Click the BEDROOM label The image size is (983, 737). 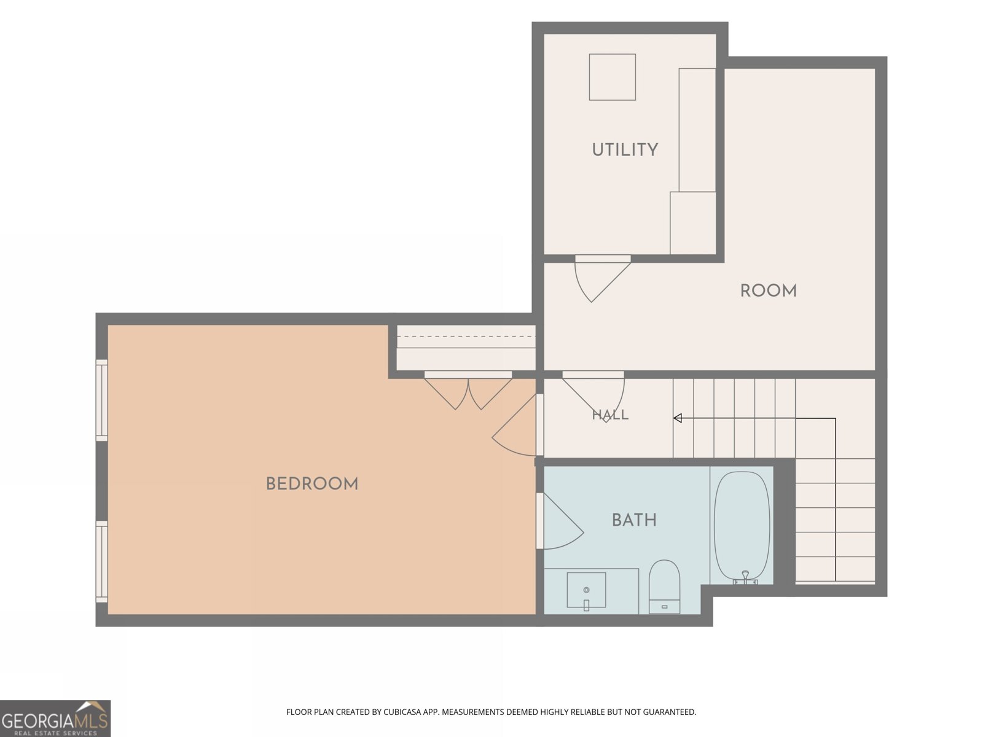[x=311, y=484]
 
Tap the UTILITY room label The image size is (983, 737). [x=625, y=149]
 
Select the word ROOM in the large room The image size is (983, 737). [x=768, y=291]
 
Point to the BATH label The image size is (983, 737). [x=633, y=520]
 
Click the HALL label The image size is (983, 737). [x=610, y=415]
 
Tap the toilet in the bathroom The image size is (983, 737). [x=664, y=586]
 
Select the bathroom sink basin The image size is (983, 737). [x=586, y=590]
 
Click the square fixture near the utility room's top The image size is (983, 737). [x=612, y=77]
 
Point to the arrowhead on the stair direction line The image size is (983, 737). [x=677, y=418]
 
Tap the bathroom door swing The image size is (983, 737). [x=560, y=521]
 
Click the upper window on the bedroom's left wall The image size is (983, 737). [x=101, y=400]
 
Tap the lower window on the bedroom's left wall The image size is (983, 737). [x=101, y=561]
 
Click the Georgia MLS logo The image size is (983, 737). [x=55, y=719]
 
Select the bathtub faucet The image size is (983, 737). [x=745, y=577]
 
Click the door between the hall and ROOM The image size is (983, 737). [x=593, y=397]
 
